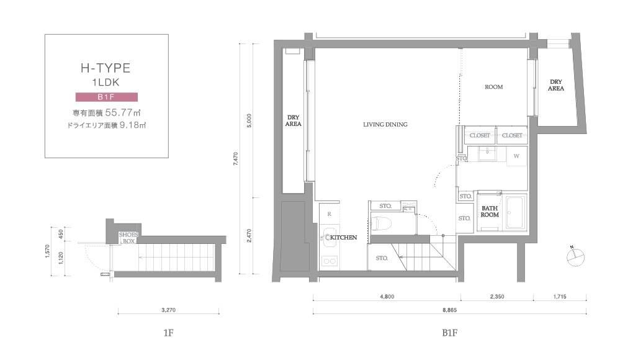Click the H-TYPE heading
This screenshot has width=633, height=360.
coord(105,68)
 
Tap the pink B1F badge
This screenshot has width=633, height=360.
coord(107,97)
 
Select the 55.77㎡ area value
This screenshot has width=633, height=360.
coord(123,112)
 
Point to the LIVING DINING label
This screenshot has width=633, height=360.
coord(385,125)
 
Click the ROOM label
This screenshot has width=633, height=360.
coord(494,87)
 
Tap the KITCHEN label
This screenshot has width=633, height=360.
coord(343,237)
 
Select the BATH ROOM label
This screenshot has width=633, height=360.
coord(490,212)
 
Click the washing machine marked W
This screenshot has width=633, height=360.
coord(516,156)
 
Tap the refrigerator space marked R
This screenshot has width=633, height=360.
coord(330,214)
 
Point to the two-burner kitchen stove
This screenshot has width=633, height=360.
coord(330,261)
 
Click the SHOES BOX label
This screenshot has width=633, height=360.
coord(128,238)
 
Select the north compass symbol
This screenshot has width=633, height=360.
coord(575,257)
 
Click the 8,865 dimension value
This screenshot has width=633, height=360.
coord(449,310)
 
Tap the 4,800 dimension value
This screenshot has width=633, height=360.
coord(387,297)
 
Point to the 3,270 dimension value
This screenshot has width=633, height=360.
coord(168,310)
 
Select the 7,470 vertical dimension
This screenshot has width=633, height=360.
coord(236,159)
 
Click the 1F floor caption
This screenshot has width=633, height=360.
coord(168,333)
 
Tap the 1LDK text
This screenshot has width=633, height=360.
coord(105,83)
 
